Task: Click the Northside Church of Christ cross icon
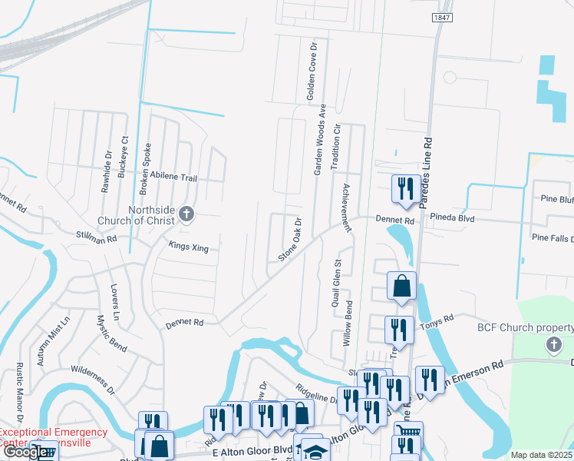[186, 214]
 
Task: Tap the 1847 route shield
[440, 17]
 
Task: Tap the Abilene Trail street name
[173, 178]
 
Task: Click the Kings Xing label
[188, 247]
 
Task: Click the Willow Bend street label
[347, 323]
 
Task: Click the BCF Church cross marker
[554, 345]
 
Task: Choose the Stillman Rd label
[96, 239]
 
